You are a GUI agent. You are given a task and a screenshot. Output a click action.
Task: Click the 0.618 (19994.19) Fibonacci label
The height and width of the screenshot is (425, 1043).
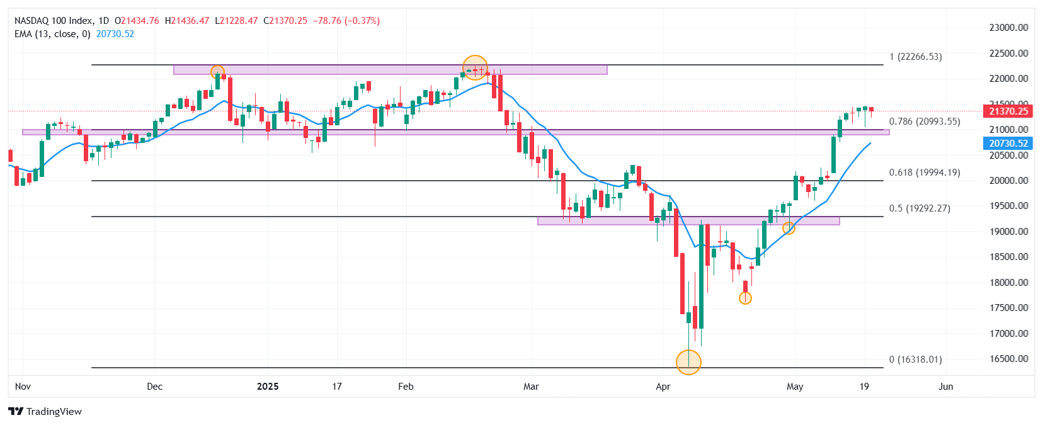point(924,173)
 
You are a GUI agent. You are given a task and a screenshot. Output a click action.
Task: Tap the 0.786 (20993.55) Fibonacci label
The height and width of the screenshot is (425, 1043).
point(924,122)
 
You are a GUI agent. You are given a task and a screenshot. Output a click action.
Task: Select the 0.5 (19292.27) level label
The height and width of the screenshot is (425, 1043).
point(919,208)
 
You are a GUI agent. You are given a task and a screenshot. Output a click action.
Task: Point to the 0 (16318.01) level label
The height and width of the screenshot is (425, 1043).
point(915,360)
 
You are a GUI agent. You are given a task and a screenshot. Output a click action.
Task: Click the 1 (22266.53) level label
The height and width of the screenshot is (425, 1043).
point(915,57)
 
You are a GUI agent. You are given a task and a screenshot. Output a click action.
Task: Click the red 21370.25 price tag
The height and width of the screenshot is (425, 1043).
point(1008,111)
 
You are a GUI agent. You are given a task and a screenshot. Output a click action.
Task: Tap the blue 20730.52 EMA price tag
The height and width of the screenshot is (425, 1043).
point(1008,144)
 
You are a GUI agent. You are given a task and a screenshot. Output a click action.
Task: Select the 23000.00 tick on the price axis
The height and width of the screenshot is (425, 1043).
point(1008,28)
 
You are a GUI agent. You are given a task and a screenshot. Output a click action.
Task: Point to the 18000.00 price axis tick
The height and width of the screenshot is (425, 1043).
point(1008,283)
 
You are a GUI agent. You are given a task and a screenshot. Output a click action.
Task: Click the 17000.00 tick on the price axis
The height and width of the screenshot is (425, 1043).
point(1008,334)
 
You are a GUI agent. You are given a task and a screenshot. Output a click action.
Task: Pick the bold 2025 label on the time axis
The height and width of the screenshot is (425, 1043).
point(268,387)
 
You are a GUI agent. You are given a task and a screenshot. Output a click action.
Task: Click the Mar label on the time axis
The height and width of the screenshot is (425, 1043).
point(531,387)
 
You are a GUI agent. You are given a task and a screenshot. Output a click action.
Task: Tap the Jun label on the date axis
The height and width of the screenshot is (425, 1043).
point(945,387)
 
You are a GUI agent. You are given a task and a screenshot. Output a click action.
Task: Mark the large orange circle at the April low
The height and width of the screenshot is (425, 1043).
point(688,362)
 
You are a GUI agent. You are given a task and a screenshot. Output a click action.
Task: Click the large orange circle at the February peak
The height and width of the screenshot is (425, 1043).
point(475,67)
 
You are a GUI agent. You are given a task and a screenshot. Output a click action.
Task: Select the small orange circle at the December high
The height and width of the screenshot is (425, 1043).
point(217,72)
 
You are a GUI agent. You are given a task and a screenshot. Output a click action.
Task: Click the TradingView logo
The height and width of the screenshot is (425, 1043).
point(45,412)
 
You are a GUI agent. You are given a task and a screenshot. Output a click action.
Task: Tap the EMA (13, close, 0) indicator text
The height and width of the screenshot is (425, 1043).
point(52,34)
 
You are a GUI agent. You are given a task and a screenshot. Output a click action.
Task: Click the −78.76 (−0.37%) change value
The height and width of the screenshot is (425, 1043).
point(346,21)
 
